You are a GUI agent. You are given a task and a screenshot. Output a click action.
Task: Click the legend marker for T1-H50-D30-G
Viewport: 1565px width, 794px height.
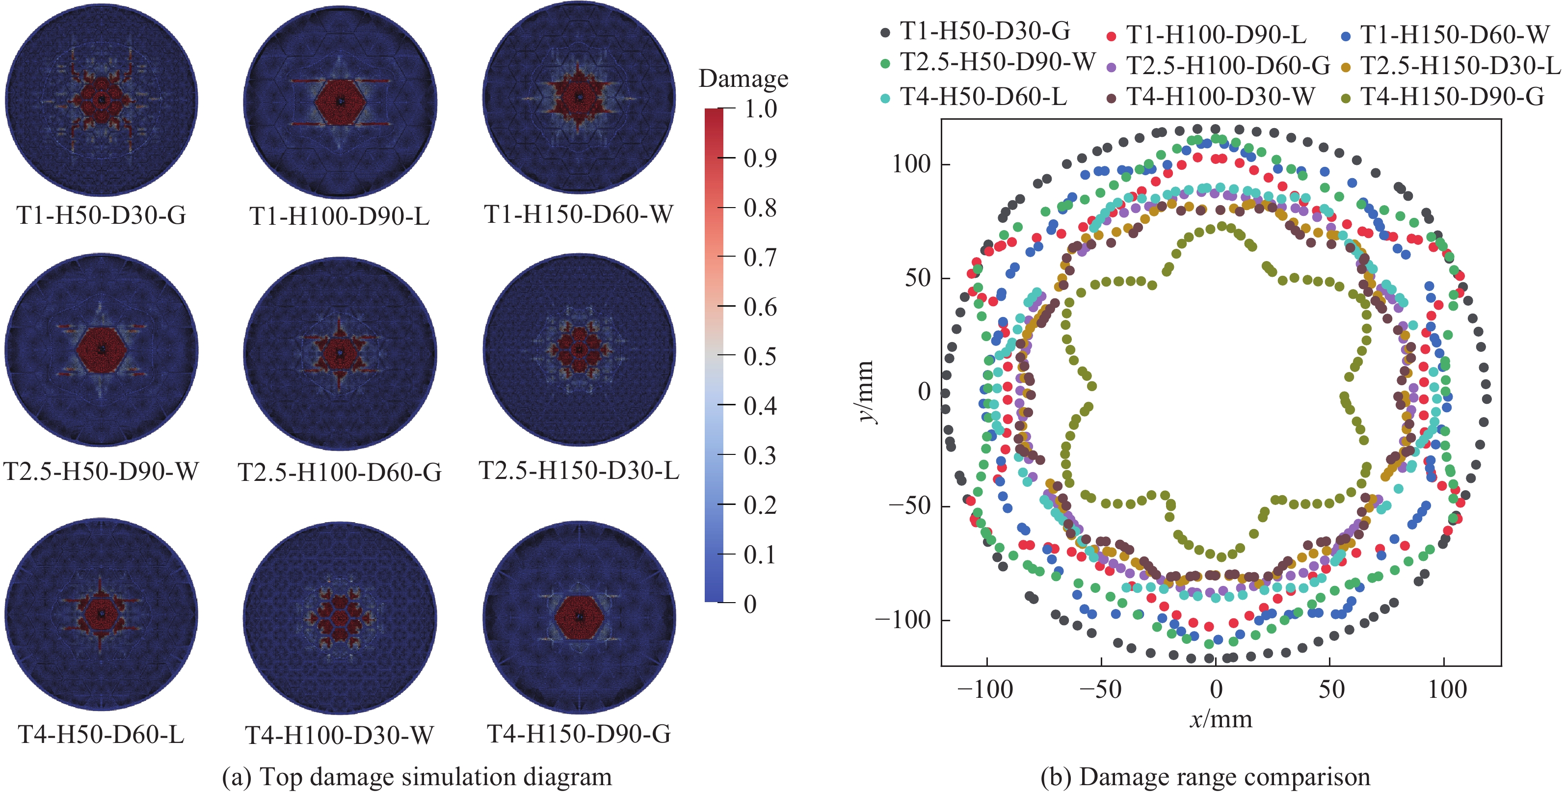[x=885, y=33]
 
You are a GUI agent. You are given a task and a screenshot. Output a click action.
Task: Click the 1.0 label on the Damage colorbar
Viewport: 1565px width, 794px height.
[x=761, y=109]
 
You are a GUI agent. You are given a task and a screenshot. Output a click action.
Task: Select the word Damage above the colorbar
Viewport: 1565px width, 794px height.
[x=743, y=79]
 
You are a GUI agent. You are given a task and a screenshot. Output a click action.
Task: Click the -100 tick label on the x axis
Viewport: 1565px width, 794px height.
[x=985, y=689]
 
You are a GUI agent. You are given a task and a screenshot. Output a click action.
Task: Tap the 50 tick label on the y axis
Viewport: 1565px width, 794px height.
[x=917, y=278]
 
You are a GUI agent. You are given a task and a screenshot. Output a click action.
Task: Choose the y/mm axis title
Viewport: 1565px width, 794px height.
[x=866, y=392]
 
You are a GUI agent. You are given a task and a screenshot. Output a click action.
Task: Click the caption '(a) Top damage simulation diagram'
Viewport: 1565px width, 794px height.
[x=417, y=777]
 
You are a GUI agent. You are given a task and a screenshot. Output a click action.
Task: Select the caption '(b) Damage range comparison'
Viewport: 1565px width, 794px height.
[x=1205, y=777]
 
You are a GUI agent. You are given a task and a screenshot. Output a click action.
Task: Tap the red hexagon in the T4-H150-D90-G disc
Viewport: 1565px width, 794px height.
[x=579, y=617]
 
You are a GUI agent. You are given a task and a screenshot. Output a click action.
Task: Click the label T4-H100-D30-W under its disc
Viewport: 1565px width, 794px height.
[x=339, y=736]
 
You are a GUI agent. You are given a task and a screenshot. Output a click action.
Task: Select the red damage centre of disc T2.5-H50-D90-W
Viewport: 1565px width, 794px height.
[x=102, y=349]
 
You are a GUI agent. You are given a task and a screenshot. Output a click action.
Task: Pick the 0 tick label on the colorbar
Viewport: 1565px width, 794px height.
[x=751, y=605]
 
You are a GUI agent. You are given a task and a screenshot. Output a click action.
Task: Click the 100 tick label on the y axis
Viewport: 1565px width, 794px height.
[x=911, y=164]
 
